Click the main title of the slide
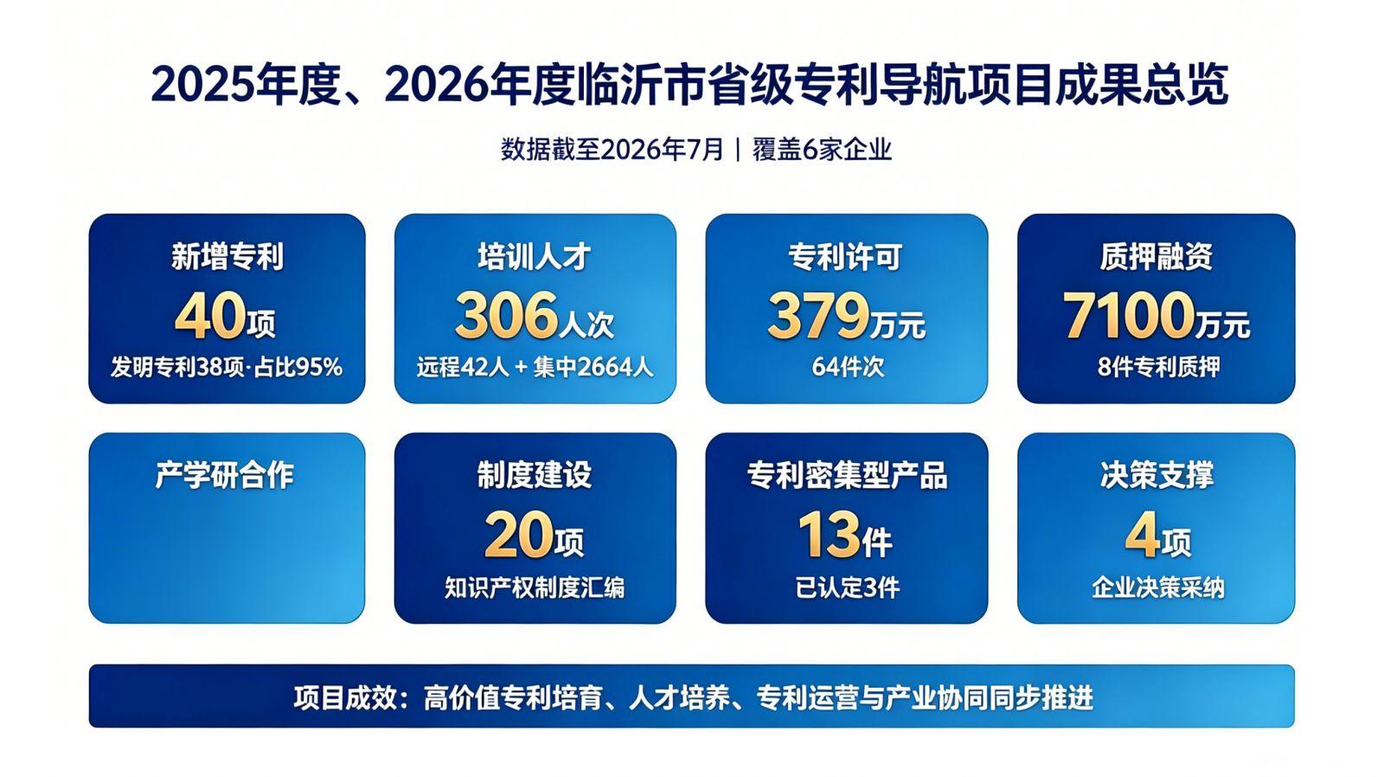pyautogui.click(x=689, y=85)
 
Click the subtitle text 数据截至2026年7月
pyautogui.click(x=612, y=150)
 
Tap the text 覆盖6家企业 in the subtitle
pyautogui.click(x=823, y=150)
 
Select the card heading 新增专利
pyautogui.click(x=227, y=256)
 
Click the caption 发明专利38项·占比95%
pyautogui.click(x=227, y=367)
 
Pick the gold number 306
pyautogui.click(x=506, y=315)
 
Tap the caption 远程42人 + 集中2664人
pyautogui.click(x=535, y=367)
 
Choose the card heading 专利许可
pyautogui.click(x=845, y=256)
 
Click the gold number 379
pyautogui.click(x=818, y=316)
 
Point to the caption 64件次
pyautogui.click(x=848, y=367)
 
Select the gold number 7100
pyautogui.click(x=1128, y=316)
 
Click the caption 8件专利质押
pyautogui.click(x=1159, y=367)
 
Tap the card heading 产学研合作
pyautogui.click(x=225, y=475)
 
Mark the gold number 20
pyautogui.click(x=519, y=534)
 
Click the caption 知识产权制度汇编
pyautogui.click(x=535, y=588)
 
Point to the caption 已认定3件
pyautogui.click(x=847, y=588)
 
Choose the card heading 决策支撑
pyautogui.click(x=1157, y=475)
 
